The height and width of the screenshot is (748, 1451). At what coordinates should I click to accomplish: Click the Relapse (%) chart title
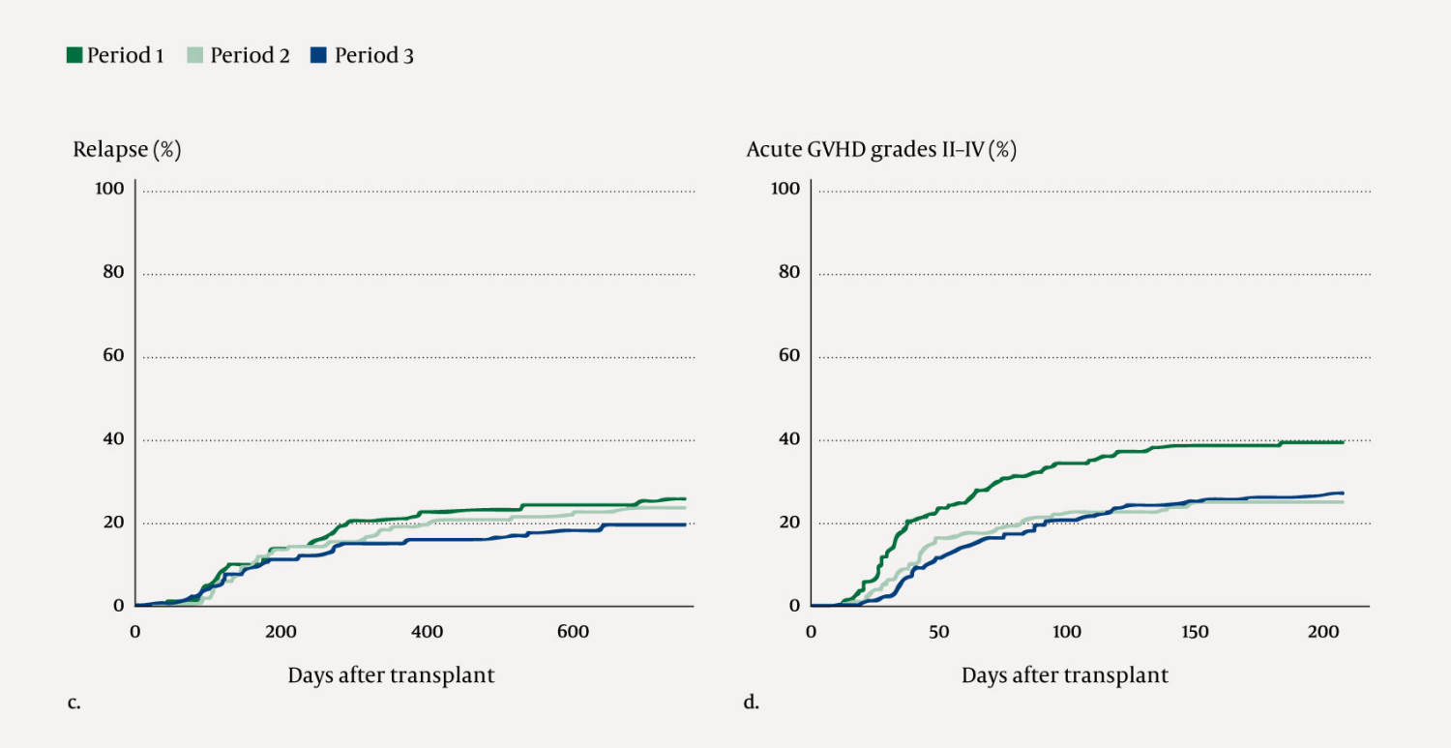pos(127,150)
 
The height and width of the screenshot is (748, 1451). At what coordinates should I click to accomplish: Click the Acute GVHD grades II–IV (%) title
pos(881,150)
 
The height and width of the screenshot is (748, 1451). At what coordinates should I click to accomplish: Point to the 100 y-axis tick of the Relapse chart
pos(109,188)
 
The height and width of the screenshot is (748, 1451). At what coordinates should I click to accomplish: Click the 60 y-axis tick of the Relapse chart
pos(113,355)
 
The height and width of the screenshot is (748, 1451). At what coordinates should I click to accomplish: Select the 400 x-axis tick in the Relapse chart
pos(427,632)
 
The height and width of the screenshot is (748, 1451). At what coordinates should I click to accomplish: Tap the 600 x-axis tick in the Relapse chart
pos(573,632)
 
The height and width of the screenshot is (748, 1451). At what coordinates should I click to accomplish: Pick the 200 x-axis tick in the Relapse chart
pos(281,632)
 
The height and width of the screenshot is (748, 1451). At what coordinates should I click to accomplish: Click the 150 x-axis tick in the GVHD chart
pos(1195,632)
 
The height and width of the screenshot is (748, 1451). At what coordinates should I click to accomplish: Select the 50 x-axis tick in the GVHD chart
pos(938,632)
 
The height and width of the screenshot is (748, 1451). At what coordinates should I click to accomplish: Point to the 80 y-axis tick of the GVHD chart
pos(788,271)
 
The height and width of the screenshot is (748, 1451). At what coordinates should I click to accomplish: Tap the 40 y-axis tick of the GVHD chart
pos(788,438)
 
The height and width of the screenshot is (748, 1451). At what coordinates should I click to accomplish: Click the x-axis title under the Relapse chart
pos(391,675)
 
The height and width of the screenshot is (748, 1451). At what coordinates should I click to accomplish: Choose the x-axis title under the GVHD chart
pos(1064,675)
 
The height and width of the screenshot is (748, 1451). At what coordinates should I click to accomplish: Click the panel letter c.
pos(74,703)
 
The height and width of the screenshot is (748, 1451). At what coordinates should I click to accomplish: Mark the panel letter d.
pos(751,703)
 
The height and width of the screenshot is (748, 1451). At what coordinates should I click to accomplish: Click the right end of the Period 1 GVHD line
pos(1344,442)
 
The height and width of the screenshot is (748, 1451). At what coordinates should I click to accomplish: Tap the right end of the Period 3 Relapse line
pos(685,524)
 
